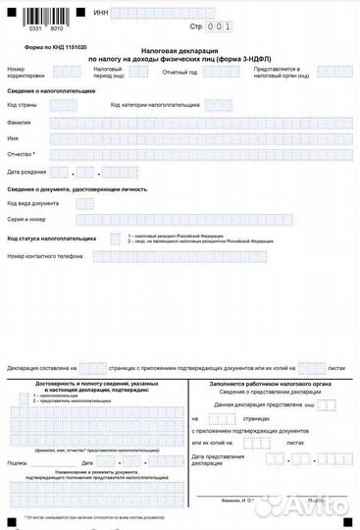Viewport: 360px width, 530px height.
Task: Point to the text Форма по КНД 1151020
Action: [x=56, y=47]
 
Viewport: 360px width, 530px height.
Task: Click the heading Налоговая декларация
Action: [x=180, y=49]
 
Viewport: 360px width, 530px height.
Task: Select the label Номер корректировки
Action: [x=25, y=72]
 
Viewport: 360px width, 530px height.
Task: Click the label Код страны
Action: [x=23, y=104]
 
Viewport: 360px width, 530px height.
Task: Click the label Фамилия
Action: [x=19, y=123]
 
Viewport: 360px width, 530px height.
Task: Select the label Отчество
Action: [x=21, y=155]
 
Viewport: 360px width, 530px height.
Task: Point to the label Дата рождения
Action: [x=27, y=171]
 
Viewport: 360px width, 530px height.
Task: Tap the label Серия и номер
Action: [x=26, y=219]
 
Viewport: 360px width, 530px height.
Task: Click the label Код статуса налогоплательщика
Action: [x=51, y=238]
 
